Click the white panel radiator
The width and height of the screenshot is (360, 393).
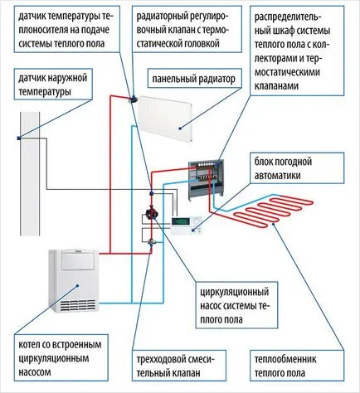(x=165, y=119)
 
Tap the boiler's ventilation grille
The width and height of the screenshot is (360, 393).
(x=79, y=305)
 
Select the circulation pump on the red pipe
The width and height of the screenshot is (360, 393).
(x=152, y=213)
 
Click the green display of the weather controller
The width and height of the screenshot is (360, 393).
(x=181, y=221)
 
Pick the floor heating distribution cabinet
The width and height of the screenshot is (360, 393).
(x=207, y=180)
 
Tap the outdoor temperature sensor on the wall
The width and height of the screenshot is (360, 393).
(x=19, y=138)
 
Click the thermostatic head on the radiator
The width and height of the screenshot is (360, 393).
(x=134, y=99)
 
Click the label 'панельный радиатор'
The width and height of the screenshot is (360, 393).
(x=193, y=80)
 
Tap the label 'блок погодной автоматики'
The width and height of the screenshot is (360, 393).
(x=283, y=168)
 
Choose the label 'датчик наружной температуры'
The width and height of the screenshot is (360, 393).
(x=52, y=85)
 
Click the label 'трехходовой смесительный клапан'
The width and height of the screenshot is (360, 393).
(x=176, y=366)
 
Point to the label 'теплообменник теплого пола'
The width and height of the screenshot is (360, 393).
(x=285, y=366)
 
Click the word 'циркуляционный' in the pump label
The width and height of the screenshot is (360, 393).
(x=234, y=292)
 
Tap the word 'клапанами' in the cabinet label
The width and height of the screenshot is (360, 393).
(x=276, y=86)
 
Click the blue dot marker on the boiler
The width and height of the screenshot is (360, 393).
(x=77, y=285)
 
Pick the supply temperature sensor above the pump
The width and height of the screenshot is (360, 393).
(x=152, y=192)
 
